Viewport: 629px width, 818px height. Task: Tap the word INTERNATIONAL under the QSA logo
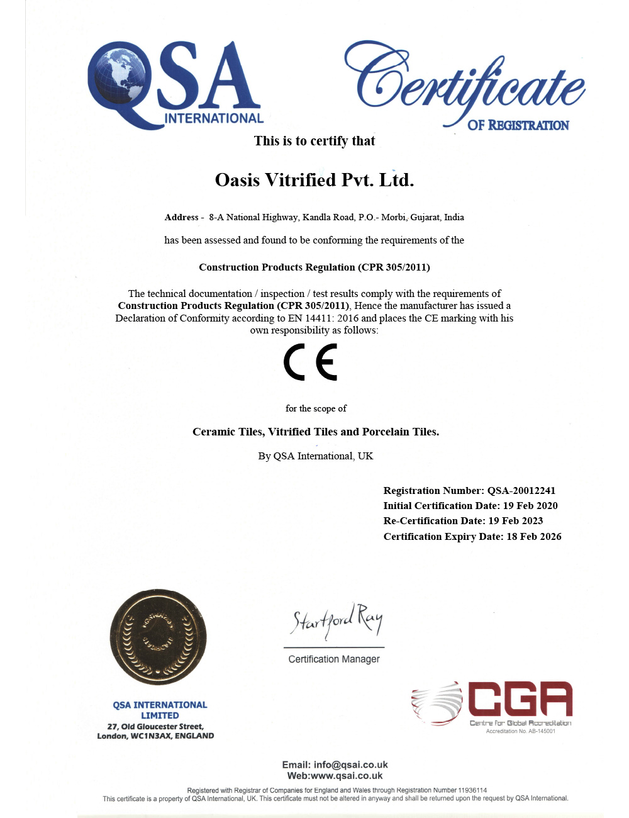point(214,118)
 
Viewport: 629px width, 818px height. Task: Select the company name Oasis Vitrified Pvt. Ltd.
point(314,180)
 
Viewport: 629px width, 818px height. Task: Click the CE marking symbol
point(311,362)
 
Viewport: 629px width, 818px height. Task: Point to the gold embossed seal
point(159,637)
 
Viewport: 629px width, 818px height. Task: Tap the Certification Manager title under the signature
point(334,659)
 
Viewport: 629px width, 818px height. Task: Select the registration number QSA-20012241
point(521,491)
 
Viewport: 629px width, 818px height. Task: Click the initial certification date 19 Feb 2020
point(530,506)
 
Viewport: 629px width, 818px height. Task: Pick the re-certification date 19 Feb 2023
point(516,521)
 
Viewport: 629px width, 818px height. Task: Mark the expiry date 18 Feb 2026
point(534,537)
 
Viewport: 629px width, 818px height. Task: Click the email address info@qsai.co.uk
point(351,765)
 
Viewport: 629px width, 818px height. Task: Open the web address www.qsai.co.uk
point(347,776)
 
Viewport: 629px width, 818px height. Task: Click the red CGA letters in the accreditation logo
point(520,698)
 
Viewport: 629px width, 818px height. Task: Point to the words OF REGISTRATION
point(518,125)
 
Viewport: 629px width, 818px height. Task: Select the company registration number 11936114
point(472,790)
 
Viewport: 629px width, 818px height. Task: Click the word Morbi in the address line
point(393,217)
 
